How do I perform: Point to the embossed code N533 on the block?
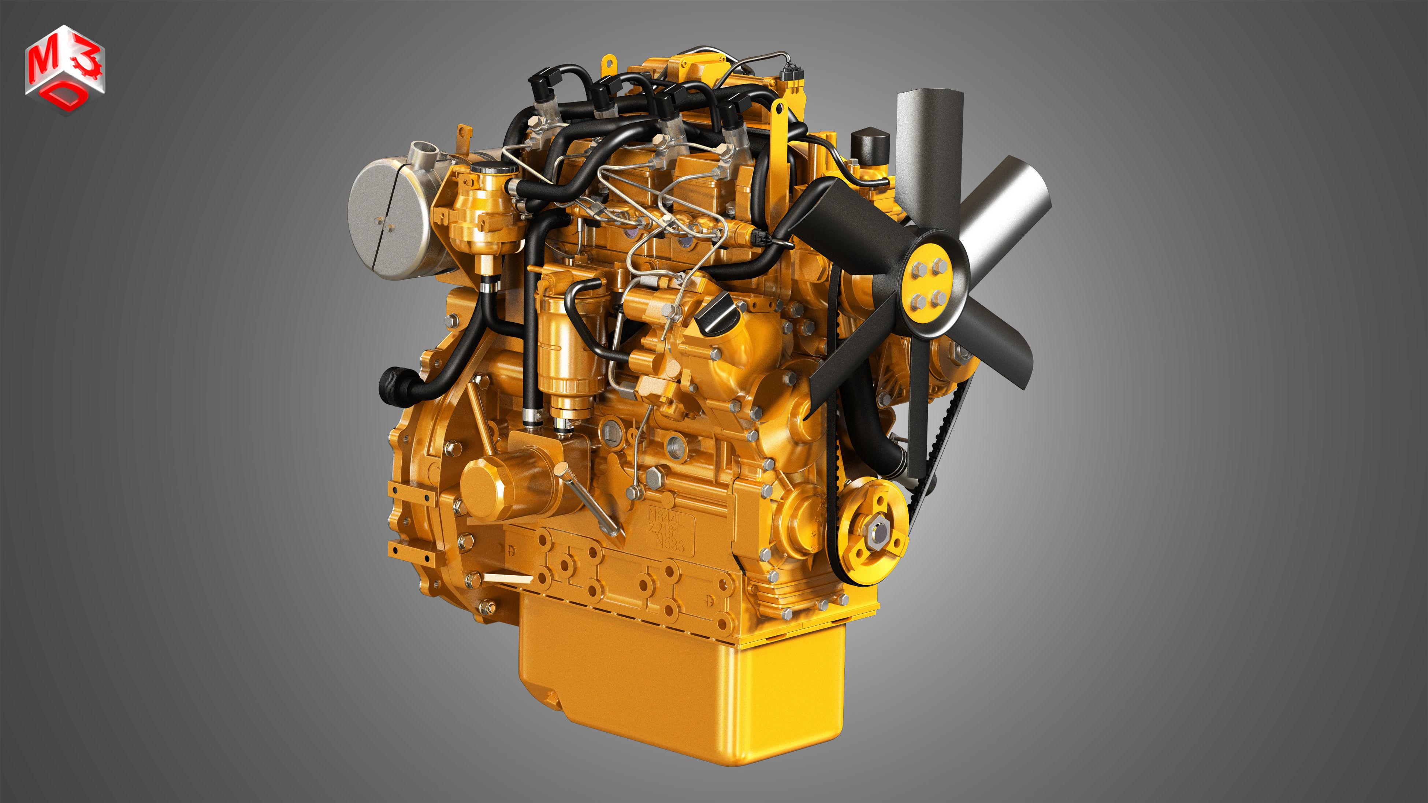tap(670, 543)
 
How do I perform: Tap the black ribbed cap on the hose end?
tap(393, 387)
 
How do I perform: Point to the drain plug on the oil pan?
tap(550, 698)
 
